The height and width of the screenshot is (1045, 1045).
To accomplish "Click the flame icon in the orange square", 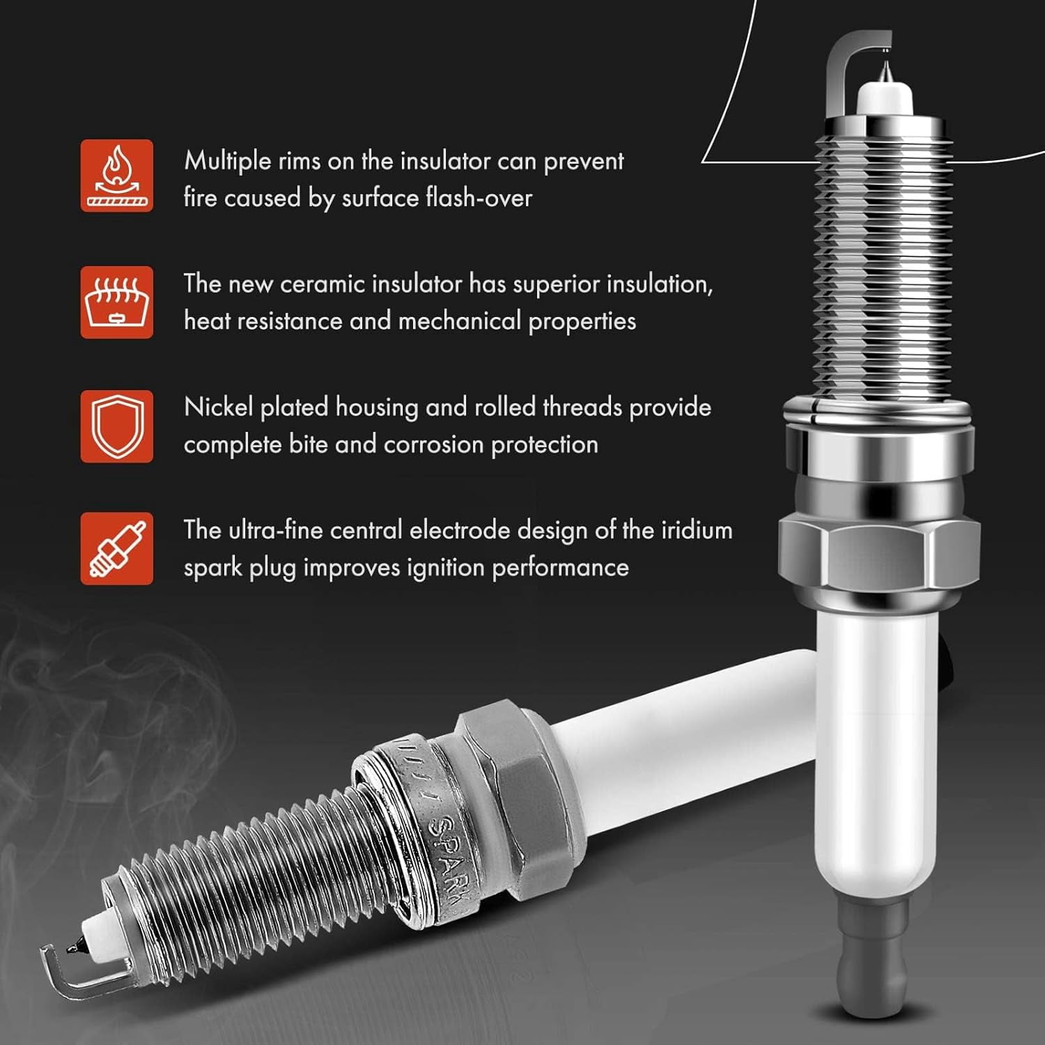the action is click(x=116, y=176).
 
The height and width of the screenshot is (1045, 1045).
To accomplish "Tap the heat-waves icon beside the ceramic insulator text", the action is click(x=116, y=302).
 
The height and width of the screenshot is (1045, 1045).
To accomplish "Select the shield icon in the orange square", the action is click(x=116, y=426).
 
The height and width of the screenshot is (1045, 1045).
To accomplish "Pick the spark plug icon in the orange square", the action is click(x=116, y=549).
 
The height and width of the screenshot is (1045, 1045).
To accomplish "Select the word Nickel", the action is click(x=218, y=407).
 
